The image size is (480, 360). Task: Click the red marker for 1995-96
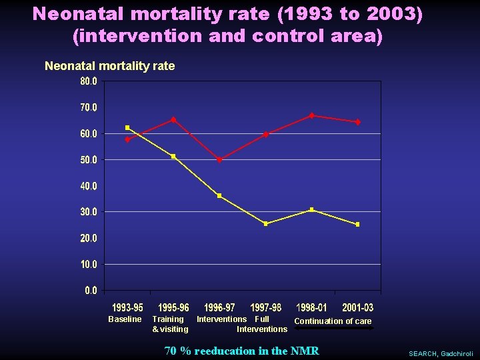[x=173, y=120]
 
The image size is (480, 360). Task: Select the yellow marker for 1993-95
[x=127, y=127]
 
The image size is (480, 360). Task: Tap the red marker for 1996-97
[x=219, y=160]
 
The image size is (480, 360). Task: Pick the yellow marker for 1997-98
[x=265, y=224]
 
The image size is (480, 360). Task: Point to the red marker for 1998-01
[x=311, y=115]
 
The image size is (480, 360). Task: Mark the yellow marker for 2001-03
[x=357, y=225]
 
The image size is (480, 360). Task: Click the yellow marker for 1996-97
[x=219, y=196]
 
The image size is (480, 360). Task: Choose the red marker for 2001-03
[x=357, y=122]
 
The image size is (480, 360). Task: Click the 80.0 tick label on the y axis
[x=89, y=81]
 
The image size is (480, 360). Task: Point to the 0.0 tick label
[x=91, y=291]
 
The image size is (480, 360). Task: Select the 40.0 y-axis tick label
[x=89, y=186]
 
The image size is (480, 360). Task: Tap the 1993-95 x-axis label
[x=127, y=308]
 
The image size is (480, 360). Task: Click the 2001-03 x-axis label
[x=357, y=308]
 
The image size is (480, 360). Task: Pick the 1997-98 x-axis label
[x=265, y=308]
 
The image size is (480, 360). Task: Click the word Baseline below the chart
[x=125, y=319]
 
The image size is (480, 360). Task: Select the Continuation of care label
[x=333, y=321]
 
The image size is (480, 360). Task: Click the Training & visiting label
[x=169, y=324]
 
